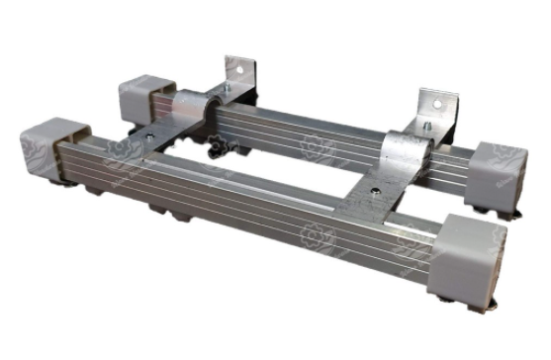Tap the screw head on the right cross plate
pos(376,185)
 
